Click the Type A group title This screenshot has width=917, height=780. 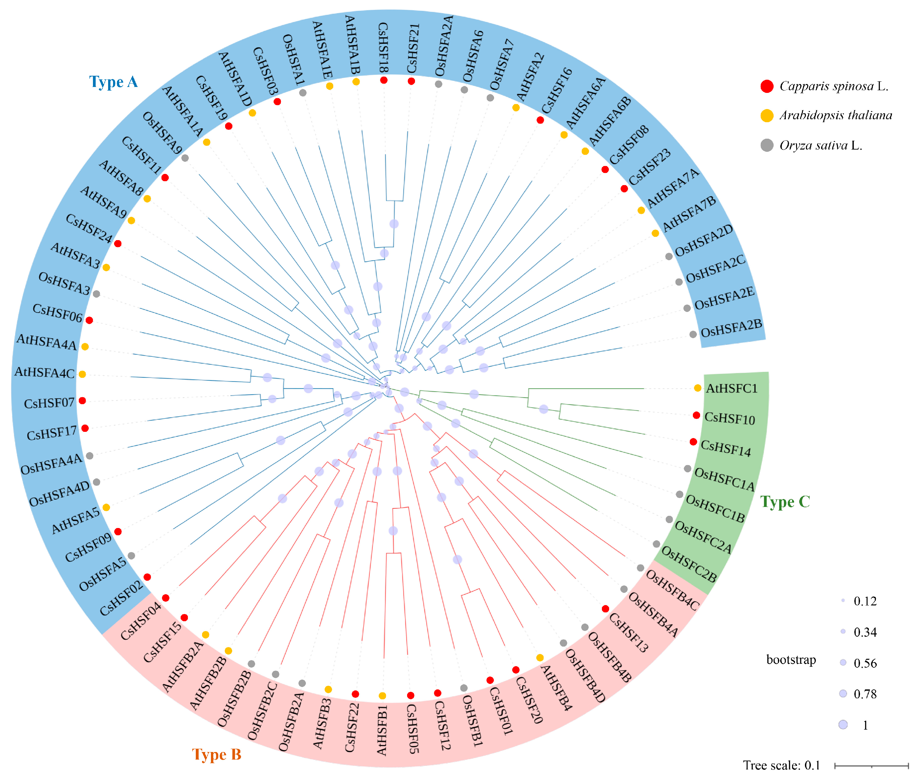click(113, 82)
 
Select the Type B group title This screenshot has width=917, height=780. click(217, 754)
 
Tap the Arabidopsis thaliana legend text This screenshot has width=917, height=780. click(836, 115)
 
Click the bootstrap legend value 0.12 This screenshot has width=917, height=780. click(865, 601)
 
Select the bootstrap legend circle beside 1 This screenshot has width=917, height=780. click(843, 724)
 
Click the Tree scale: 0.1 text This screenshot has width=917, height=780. click(782, 765)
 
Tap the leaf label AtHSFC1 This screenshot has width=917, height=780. click(731, 389)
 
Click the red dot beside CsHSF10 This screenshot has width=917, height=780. click(696, 415)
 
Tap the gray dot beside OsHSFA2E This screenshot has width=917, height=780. click(687, 308)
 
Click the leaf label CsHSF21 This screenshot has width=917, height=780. click(413, 49)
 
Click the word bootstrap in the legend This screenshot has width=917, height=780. click(791, 660)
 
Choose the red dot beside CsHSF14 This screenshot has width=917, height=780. click(693, 442)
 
